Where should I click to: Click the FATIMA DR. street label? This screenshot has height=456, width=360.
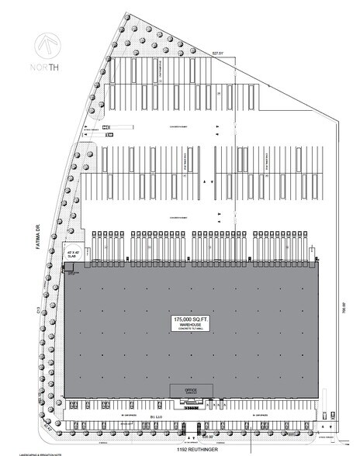tap(34, 231)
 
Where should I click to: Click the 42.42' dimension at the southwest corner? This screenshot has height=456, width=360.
tap(48, 427)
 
